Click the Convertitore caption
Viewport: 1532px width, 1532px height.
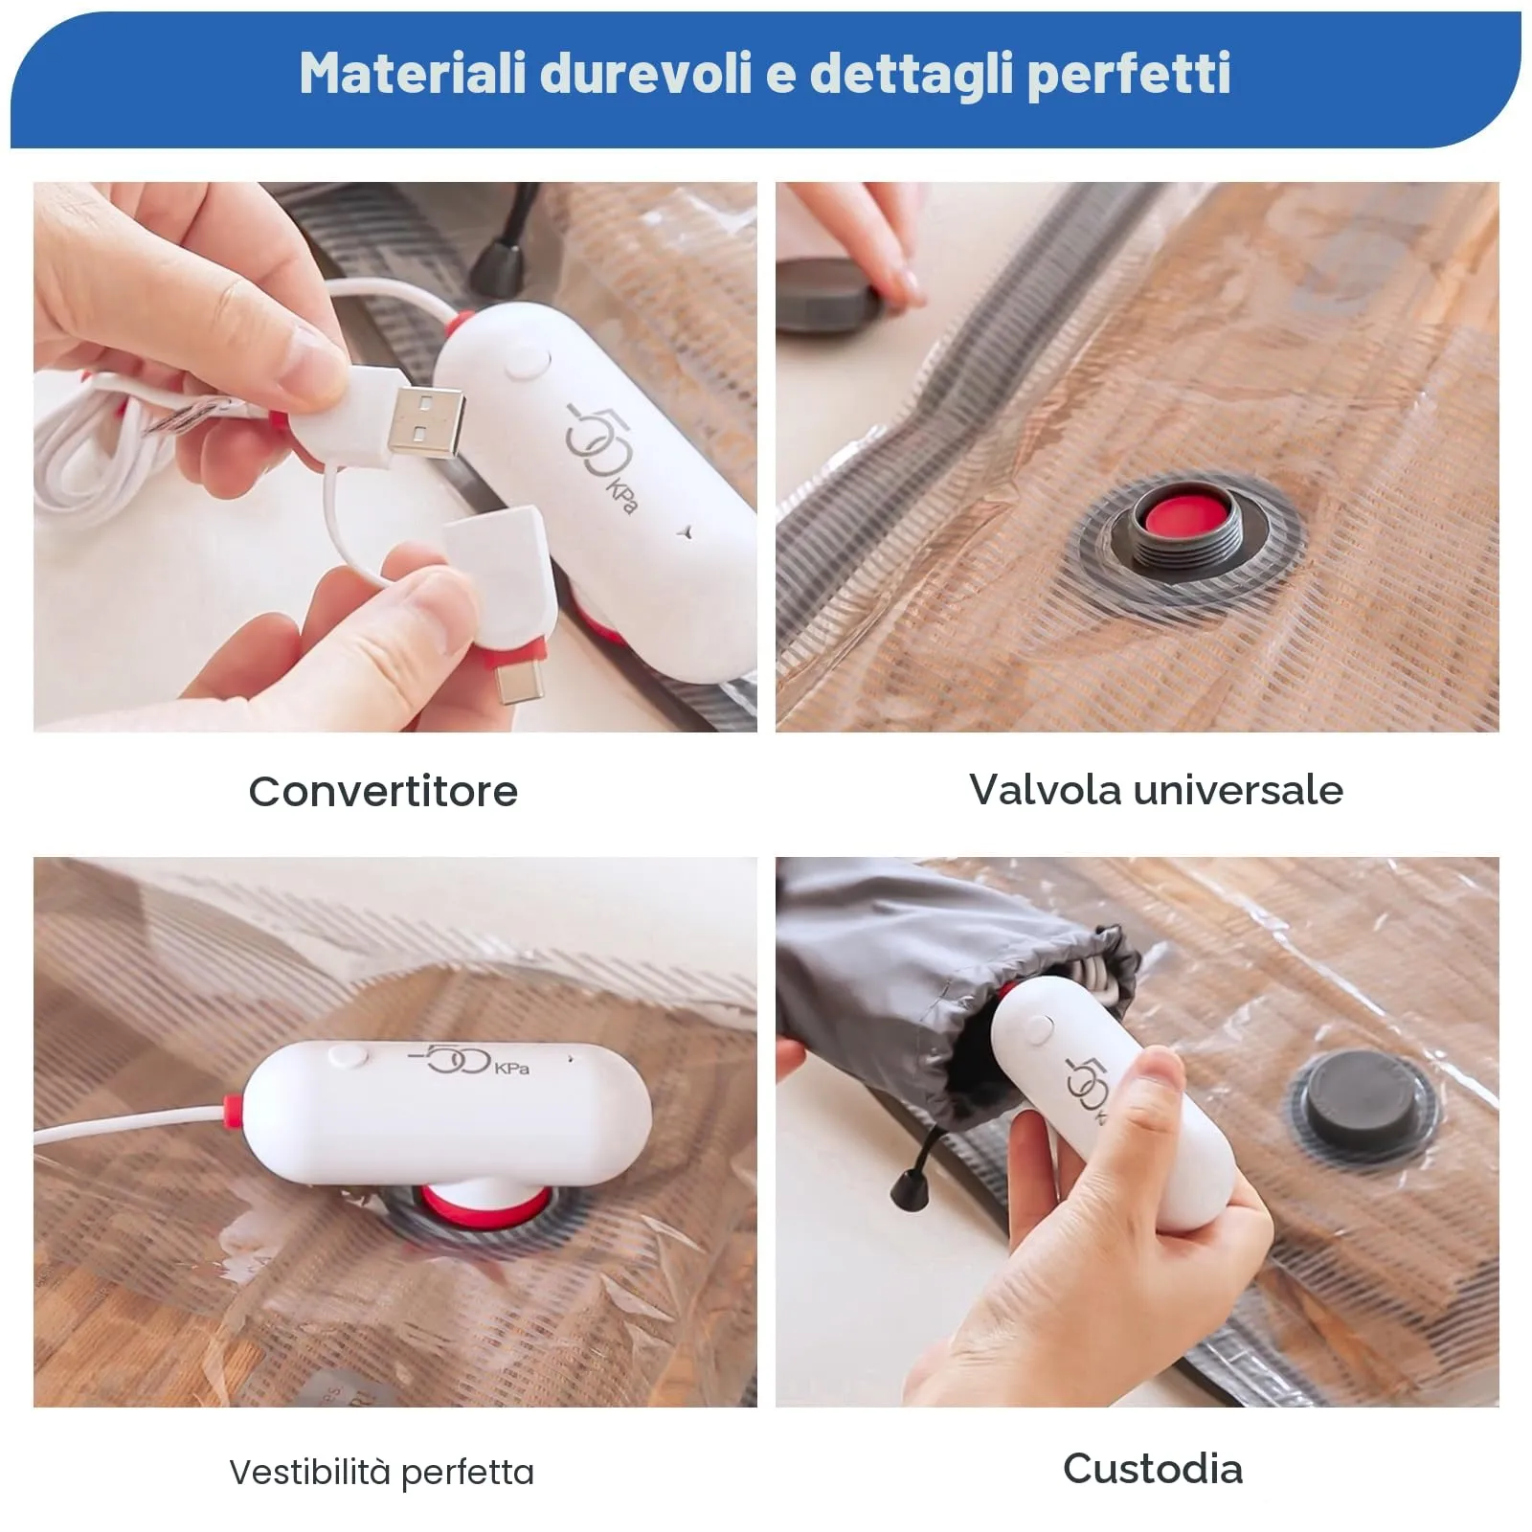point(383,792)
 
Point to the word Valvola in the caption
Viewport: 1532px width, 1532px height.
point(1045,790)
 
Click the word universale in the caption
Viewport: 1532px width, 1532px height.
point(1238,790)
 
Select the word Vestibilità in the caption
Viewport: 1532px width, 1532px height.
point(310,1472)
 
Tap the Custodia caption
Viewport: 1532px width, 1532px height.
point(1153,1469)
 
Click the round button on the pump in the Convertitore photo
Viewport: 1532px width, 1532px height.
point(527,364)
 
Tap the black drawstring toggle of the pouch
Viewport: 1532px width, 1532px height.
point(906,1192)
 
